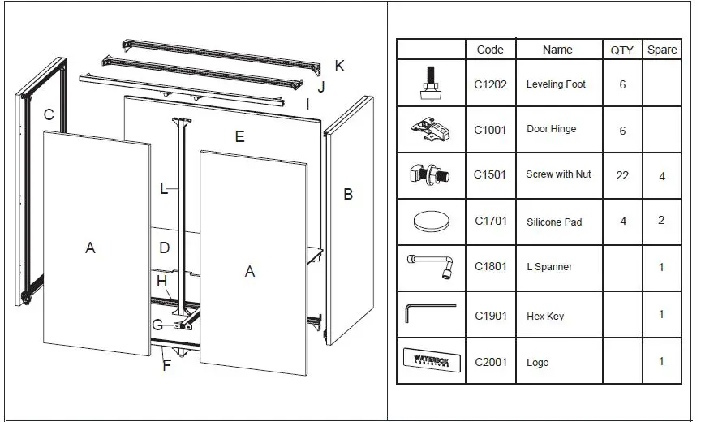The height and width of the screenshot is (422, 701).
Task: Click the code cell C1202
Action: tap(490, 84)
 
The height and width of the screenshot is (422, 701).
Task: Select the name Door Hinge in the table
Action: tap(551, 129)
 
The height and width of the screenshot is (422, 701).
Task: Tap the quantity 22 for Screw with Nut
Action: tap(622, 175)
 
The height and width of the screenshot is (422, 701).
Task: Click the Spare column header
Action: tap(662, 50)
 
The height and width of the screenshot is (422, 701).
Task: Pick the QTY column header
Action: tap(622, 50)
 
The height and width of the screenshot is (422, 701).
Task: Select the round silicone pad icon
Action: tap(431, 220)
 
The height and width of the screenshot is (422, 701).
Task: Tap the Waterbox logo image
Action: tap(431, 360)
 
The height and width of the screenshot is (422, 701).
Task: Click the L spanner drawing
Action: tap(431, 265)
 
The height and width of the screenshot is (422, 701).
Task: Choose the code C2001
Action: tap(490, 363)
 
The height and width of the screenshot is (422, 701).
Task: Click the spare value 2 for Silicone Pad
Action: tap(662, 221)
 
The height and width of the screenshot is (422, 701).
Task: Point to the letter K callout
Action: tap(340, 67)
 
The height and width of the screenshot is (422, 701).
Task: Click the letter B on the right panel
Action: tap(348, 195)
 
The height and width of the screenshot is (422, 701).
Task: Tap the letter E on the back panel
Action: tap(239, 136)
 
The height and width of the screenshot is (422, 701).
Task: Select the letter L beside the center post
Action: tap(164, 189)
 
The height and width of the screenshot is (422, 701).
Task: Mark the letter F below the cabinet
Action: tap(166, 365)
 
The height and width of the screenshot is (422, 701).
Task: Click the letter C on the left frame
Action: tap(49, 115)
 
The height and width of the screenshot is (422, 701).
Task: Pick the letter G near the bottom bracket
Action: tap(157, 325)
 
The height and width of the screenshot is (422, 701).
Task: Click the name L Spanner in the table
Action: tap(549, 267)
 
